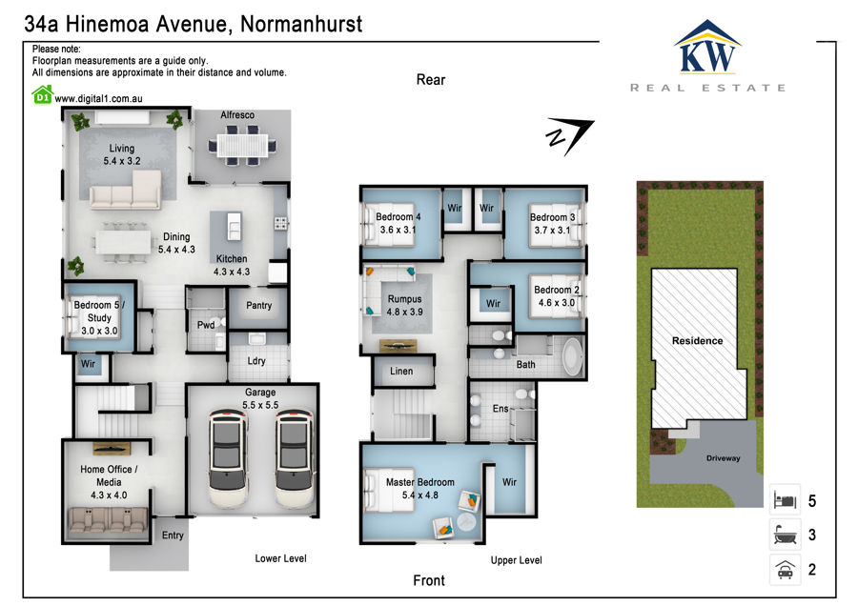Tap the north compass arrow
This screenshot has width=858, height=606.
pyautogui.click(x=570, y=135)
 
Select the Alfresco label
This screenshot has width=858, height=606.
pyautogui.click(x=237, y=115)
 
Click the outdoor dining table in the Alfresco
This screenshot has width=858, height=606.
pyautogui.click(x=242, y=146)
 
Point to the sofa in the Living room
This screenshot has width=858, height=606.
pyautogui.click(x=126, y=191)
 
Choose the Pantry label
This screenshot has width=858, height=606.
pyautogui.click(x=258, y=305)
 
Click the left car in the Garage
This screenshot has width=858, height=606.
pyautogui.click(x=228, y=457)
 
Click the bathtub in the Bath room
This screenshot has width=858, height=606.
pyautogui.click(x=573, y=356)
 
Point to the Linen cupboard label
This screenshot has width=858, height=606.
pyautogui.click(x=401, y=371)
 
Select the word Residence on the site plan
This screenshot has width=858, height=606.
pyautogui.click(x=698, y=341)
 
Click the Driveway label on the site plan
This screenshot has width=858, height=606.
pyautogui.click(x=724, y=457)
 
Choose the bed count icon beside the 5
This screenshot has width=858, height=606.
pyautogui.click(x=786, y=500)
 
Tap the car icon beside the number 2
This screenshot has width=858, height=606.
pyautogui.click(x=786, y=570)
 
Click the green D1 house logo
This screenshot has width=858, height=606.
pyautogui.click(x=42, y=95)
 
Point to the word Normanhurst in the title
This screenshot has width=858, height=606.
pyautogui.click(x=301, y=24)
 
